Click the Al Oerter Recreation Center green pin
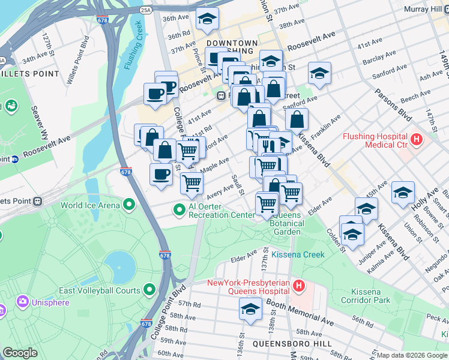[x=179, y=210]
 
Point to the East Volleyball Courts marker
[x=149, y=291]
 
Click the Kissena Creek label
[x=298, y=254]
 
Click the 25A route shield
[x=145, y=10]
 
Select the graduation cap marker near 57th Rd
[x=250, y=310]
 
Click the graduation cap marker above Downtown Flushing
[x=207, y=19]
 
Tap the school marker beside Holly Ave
[x=403, y=192]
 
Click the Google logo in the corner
[x=20, y=353]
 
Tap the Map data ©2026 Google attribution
[x=411, y=355]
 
